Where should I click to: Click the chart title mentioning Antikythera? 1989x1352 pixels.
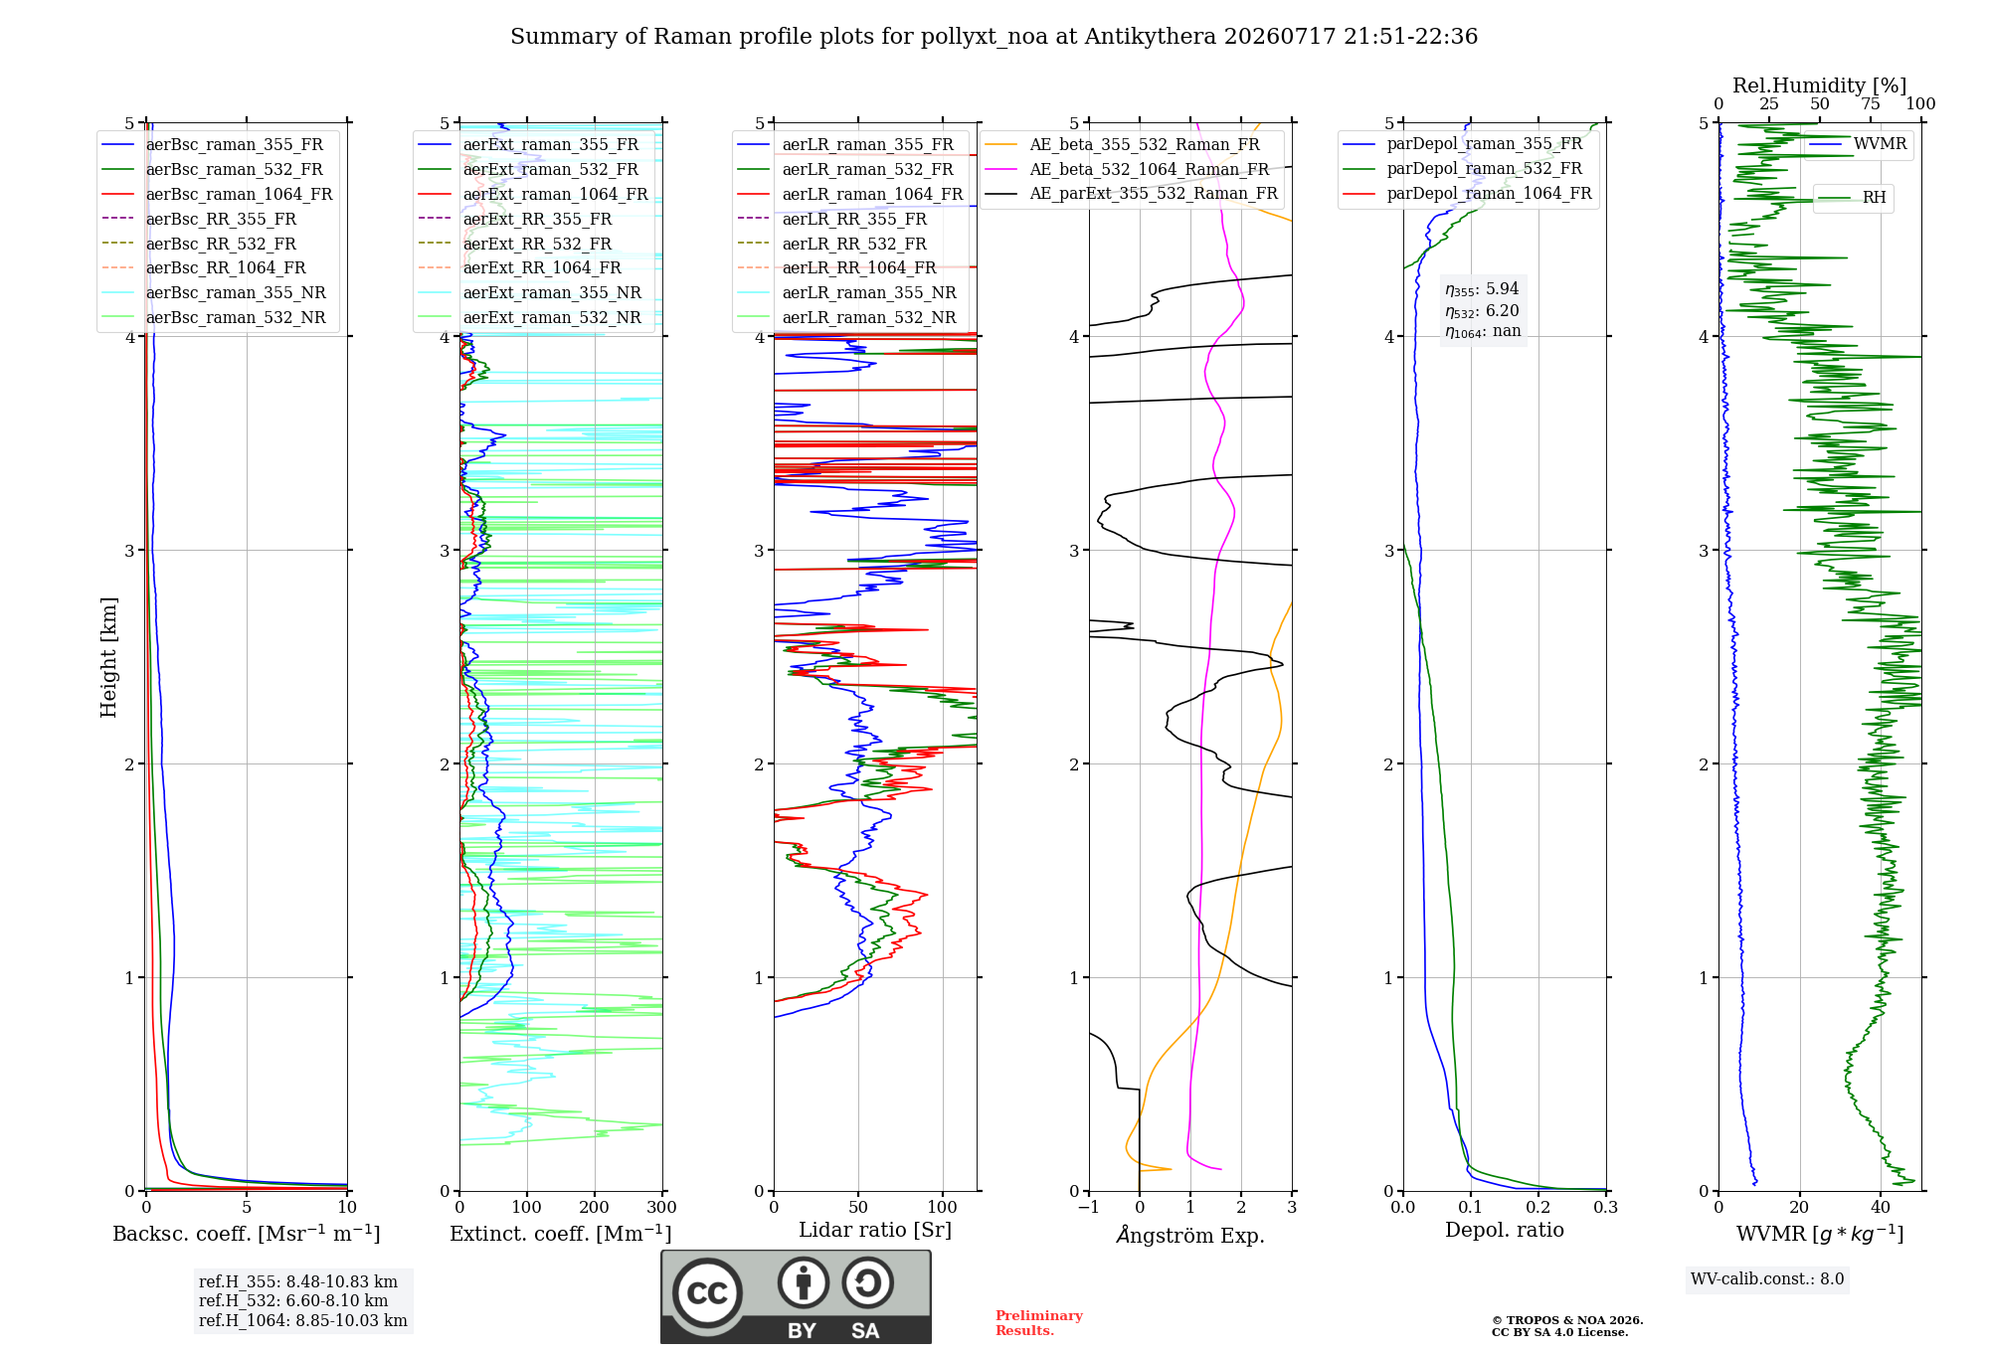pos(994,37)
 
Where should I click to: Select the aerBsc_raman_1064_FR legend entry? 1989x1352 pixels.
pos(217,194)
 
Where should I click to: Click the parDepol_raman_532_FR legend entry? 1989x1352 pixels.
pos(1463,168)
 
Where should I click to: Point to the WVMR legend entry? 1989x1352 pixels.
pos(1858,144)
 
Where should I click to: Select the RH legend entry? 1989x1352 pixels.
pos(1852,198)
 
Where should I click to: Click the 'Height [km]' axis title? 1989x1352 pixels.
pos(108,657)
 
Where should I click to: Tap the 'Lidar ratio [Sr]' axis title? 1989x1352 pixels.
pos(875,1230)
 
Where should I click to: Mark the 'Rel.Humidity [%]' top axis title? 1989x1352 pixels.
pos(1820,85)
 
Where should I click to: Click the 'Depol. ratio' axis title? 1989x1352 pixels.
pos(1505,1230)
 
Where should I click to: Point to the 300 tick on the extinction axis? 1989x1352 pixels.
pos(662,1207)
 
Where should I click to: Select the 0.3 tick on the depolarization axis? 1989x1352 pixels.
pos(1606,1207)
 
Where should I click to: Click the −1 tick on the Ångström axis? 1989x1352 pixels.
pos(1088,1207)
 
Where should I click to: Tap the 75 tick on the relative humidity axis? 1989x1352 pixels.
pos(1871,104)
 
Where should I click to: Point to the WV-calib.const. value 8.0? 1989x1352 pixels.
pos(1833,1279)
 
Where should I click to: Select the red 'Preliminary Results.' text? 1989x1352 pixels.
pos(1039,1323)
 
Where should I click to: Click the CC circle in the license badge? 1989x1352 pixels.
pos(707,1292)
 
